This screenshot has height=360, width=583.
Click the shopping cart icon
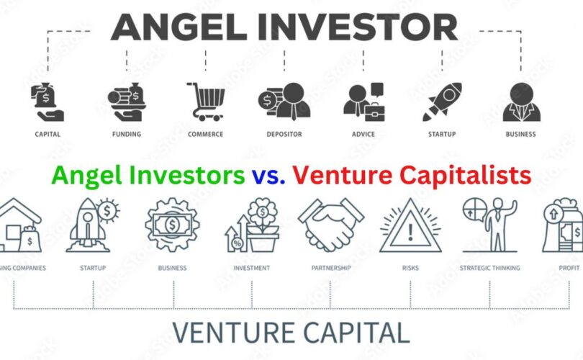(206, 102)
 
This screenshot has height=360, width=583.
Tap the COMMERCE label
(206, 134)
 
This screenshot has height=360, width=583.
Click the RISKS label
(410, 268)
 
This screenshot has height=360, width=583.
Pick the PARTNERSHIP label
(331, 268)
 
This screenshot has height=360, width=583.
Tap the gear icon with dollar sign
(172, 225)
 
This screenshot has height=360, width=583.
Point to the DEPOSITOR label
(284, 134)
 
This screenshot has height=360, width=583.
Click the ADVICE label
(363, 134)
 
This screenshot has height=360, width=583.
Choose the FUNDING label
(127, 134)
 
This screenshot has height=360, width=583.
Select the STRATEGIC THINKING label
(490, 268)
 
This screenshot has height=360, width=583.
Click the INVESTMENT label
(251, 268)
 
